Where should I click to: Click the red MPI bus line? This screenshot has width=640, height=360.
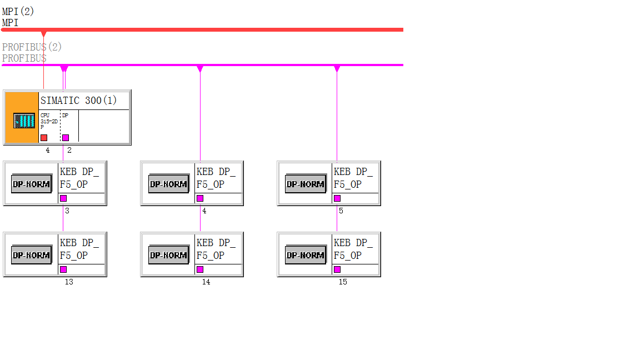222,29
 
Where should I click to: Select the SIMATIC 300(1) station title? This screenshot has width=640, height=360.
78,101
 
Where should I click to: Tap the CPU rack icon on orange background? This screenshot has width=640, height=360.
24,120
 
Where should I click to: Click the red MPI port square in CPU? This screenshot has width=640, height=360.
44,137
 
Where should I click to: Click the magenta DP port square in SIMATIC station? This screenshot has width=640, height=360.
66,137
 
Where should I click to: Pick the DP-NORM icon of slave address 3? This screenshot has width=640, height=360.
31,184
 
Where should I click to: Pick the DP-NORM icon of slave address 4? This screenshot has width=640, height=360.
168,184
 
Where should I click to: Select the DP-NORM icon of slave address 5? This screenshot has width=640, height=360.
305,184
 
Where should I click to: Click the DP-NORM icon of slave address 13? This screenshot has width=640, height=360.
31,255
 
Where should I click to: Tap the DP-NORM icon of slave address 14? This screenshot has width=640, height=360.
168,255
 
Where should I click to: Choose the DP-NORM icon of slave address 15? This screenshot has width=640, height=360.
305,255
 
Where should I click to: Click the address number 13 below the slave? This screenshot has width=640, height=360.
69,282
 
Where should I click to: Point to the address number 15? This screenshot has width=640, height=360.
343,282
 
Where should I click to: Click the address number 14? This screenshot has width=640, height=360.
206,282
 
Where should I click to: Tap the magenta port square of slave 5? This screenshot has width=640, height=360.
337,198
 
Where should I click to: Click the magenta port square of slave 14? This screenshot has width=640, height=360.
200,269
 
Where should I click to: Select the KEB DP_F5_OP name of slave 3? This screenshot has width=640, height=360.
79,178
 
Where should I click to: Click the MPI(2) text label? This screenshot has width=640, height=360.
18,12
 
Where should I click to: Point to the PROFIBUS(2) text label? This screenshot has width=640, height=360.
32,47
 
